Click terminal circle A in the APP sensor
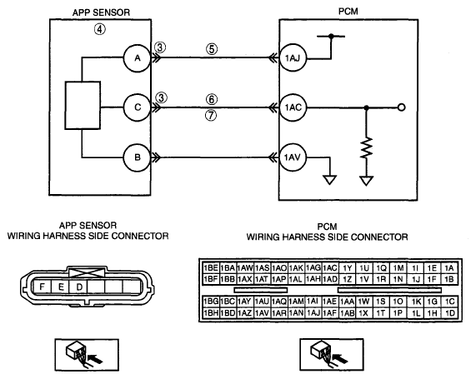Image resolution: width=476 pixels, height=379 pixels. click(138, 58)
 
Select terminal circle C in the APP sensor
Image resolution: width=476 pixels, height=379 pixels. click(138, 107)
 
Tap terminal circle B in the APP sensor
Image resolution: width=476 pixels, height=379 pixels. click(138, 157)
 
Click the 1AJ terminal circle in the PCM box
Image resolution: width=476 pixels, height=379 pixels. click(293, 57)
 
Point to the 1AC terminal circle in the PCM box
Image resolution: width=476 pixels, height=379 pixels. click(293, 107)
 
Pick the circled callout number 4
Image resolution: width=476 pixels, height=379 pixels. click(100, 29)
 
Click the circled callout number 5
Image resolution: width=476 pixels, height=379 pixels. click(212, 49)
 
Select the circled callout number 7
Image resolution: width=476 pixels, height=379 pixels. click(211, 115)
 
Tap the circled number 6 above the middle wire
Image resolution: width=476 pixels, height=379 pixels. click(212, 99)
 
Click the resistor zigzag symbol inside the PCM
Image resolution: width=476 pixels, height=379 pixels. click(367, 147)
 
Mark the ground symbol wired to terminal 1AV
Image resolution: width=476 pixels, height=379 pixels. click(329, 180)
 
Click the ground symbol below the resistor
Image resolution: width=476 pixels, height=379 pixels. click(367, 181)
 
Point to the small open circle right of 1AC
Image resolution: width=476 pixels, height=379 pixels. click(401, 107)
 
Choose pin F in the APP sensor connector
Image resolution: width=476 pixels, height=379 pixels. click(43, 287)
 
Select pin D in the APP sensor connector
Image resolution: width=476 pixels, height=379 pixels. click(78, 287)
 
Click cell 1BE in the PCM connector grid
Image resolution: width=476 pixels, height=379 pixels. click(211, 268)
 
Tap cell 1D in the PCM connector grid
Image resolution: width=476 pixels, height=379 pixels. click(450, 313)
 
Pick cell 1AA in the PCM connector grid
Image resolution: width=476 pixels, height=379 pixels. click(348, 302)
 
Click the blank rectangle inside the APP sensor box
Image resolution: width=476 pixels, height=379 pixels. click(83, 105)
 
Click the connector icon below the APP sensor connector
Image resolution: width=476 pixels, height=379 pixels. click(87, 355)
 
